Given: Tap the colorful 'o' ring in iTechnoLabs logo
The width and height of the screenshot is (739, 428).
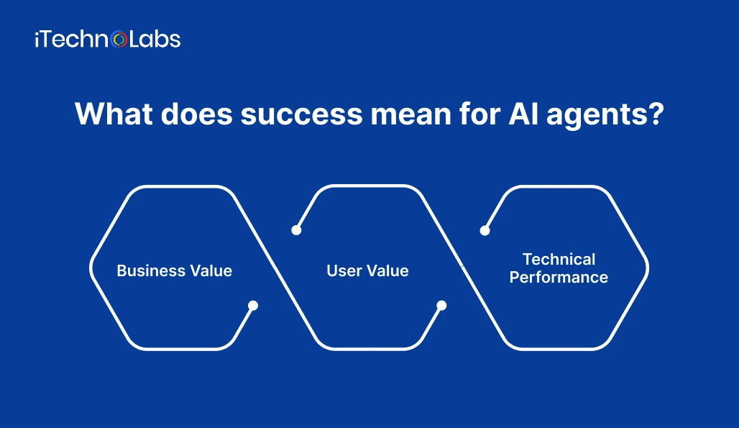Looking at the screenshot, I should coord(120,40).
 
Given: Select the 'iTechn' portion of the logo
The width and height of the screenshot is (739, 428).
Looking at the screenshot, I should coord(73,39).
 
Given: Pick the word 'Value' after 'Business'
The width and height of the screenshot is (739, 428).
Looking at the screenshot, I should coord(209,271).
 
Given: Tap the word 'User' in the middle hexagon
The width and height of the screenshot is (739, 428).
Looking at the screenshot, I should coord(344,271).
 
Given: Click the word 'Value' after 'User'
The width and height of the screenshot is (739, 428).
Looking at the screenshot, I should coord(387,271).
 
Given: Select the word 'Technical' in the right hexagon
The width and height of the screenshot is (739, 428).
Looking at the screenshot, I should coord(559,259).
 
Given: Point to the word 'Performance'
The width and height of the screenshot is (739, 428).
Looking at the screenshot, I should coord(559,277).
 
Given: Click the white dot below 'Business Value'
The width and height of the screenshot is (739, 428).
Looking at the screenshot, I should coord(253,305).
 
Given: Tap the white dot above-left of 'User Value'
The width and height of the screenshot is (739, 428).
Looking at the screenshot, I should coord(295,230).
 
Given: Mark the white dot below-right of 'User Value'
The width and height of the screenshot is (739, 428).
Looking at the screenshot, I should coord(441,305).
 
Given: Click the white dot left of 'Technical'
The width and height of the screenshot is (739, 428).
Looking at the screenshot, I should coord(485,230).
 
